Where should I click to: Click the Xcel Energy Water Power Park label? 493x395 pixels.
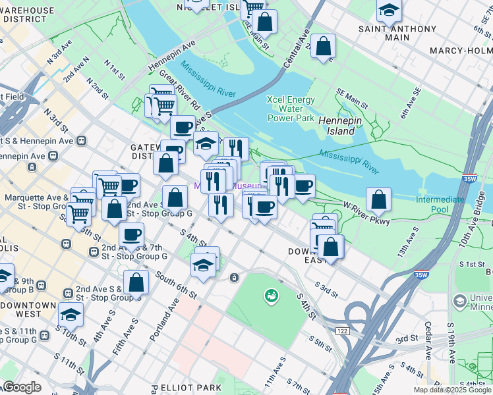pyautogui.click(x=291, y=109)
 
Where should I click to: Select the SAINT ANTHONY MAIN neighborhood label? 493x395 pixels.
pyautogui.click(x=397, y=33)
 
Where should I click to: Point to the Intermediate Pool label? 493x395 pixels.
pyautogui.click(x=440, y=204)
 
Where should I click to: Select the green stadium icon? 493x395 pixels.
pyautogui.click(x=271, y=297)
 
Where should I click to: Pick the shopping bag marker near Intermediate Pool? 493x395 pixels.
pyautogui.click(x=378, y=199)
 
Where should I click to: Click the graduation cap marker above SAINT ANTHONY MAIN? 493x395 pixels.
pyautogui.click(x=389, y=9)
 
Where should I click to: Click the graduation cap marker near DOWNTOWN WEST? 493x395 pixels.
pyautogui.click(x=71, y=314)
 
